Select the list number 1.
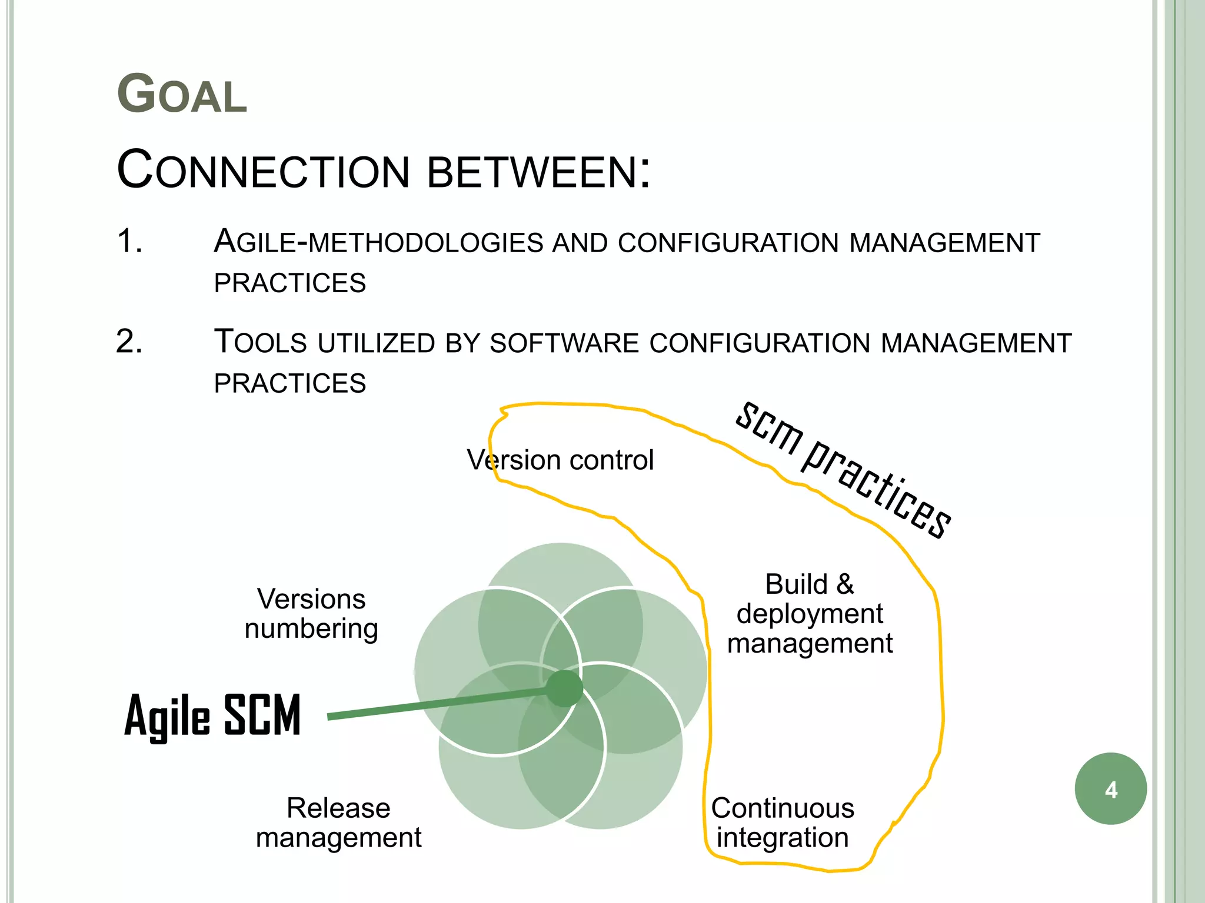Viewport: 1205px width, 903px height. point(129,241)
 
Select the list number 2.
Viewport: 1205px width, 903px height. point(129,342)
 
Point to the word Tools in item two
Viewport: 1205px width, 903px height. point(260,342)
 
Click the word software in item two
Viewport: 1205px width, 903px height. point(564,343)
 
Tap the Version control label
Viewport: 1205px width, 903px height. point(560,460)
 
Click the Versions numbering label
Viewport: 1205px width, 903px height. point(311,614)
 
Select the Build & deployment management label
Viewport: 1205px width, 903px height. point(810,614)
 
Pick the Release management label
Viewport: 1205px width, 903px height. point(338,822)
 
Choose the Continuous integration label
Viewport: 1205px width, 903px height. point(783,822)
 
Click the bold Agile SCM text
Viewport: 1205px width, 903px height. point(212,715)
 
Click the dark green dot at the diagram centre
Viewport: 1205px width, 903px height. point(564,688)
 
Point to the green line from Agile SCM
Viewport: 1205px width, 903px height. point(435,704)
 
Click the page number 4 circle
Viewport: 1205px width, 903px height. point(1111,789)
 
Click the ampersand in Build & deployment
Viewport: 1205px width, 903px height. point(845,584)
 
